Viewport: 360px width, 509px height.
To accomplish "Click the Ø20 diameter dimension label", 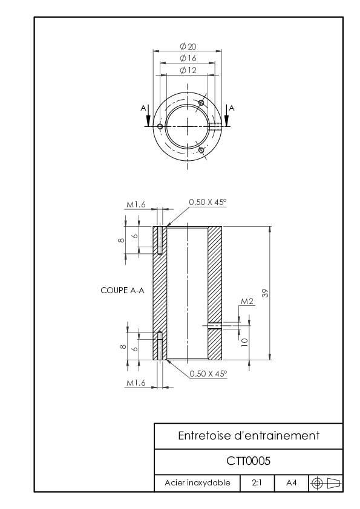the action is point(188,47).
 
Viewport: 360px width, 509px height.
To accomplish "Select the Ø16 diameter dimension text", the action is point(188,58).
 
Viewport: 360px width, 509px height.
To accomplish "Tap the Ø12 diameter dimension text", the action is point(188,70).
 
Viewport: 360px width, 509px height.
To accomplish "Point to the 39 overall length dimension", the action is point(266,293).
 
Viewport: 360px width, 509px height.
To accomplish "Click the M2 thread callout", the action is point(247,302).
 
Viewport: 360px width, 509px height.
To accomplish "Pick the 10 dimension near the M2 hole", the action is point(244,342).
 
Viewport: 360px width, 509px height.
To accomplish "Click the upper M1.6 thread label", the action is point(136,204).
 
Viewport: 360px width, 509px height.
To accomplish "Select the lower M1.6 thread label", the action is point(136,383).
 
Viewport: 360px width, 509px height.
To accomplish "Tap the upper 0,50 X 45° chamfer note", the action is point(208,202).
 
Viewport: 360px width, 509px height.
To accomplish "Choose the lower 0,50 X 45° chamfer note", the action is point(208,374).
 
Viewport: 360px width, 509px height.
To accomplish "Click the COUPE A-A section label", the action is point(122,290).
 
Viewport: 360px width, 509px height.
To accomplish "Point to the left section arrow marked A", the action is point(148,115).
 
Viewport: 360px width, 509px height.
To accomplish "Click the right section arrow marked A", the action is point(226,115).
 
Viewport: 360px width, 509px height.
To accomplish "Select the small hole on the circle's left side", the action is point(160,126).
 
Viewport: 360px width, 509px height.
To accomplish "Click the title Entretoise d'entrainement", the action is point(249,436).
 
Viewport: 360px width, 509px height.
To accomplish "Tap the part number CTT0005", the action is point(248,461).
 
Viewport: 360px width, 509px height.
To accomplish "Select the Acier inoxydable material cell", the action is point(197,483).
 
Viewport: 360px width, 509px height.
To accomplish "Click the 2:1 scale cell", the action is point(257,483).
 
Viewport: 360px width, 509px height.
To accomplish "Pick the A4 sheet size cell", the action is point(292,483).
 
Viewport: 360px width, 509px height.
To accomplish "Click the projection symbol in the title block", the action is point(326,484).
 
